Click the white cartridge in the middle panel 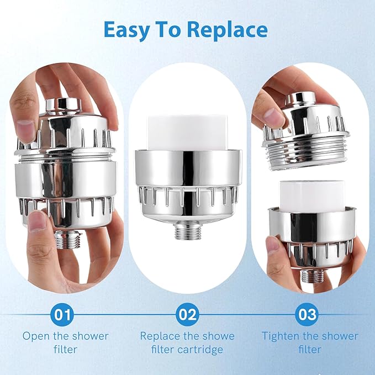pyautogui.click(x=187, y=132)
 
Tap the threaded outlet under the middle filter pyautogui.click(x=187, y=230)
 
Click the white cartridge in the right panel pyautogui.click(x=307, y=196)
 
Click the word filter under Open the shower pyautogui.click(x=65, y=350)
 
